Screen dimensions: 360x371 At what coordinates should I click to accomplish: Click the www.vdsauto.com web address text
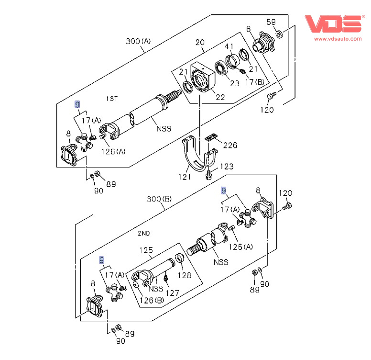point(338,38)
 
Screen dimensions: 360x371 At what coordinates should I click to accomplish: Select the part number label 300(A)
point(138,41)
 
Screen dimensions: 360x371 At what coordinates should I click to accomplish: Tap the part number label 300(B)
point(159,199)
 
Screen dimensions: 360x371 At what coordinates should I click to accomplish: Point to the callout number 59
point(271,22)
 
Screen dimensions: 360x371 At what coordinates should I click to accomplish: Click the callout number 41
point(229,46)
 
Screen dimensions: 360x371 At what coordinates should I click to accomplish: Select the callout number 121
point(185,177)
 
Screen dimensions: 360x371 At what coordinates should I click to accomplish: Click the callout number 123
point(227,167)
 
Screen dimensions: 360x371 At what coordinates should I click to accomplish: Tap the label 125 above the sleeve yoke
point(146,250)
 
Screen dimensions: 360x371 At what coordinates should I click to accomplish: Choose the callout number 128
point(185,275)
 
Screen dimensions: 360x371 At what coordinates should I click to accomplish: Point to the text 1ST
point(112,99)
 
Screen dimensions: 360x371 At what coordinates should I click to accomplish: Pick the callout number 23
point(234,83)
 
